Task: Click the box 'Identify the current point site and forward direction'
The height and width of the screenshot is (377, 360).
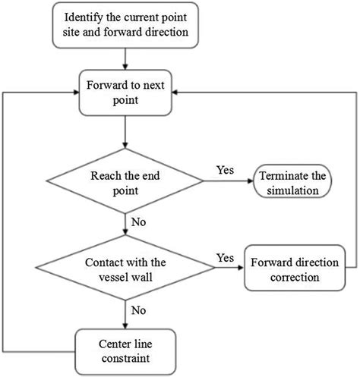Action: (x=125, y=25)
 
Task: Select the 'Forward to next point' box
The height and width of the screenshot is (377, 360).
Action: (x=125, y=93)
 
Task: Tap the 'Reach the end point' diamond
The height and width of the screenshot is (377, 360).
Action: (x=125, y=181)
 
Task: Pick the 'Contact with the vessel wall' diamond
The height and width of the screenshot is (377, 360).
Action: (x=125, y=268)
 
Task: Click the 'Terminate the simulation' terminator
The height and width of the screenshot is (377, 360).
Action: (x=292, y=181)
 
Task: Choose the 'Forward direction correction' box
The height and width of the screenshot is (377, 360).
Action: (x=295, y=268)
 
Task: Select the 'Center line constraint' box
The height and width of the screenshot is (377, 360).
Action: (x=125, y=352)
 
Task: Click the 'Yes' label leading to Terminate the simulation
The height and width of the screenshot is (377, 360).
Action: (x=225, y=170)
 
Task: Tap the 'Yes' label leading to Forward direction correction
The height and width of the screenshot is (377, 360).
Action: (x=225, y=258)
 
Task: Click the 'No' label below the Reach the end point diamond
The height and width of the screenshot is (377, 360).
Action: (x=138, y=222)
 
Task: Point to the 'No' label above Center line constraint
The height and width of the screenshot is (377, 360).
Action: (x=138, y=310)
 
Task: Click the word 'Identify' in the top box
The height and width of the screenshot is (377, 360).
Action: (x=84, y=17)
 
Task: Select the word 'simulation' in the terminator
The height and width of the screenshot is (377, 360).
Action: (x=292, y=190)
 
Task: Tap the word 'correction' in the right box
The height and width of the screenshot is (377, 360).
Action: (x=295, y=278)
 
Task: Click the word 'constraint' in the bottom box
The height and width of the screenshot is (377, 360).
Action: (x=125, y=358)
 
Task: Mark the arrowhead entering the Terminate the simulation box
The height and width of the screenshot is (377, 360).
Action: (x=251, y=181)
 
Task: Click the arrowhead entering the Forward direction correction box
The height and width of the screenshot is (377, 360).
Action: (x=241, y=268)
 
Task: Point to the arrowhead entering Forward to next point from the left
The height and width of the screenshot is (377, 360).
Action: (x=76, y=93)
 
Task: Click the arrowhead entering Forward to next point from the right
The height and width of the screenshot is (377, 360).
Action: (x=175, y=93)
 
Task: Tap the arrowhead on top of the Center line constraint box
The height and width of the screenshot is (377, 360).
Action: (x=125, y=325)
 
